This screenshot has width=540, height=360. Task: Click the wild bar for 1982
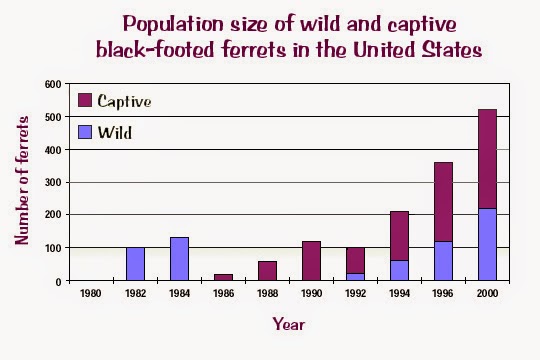(x=136, y=264)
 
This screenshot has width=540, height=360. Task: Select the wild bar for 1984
(x=180, y=259)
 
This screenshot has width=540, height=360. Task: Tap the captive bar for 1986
(x=224, y=277)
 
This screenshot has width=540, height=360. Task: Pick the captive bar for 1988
(x=268, y=271)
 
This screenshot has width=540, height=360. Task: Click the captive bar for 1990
(x=312, y=261)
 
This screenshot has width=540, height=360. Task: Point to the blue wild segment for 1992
(x=356, y=276)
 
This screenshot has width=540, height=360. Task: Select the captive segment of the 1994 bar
(x=400, y=236)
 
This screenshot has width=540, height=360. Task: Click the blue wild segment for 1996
(x=444, y=260)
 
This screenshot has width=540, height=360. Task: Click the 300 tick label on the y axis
(x=52, y=182)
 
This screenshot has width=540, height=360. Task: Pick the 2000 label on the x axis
(x=488, y=294)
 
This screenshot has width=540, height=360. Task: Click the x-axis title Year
(x=288, y=323)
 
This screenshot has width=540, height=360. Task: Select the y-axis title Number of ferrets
(x=21, y=181)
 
